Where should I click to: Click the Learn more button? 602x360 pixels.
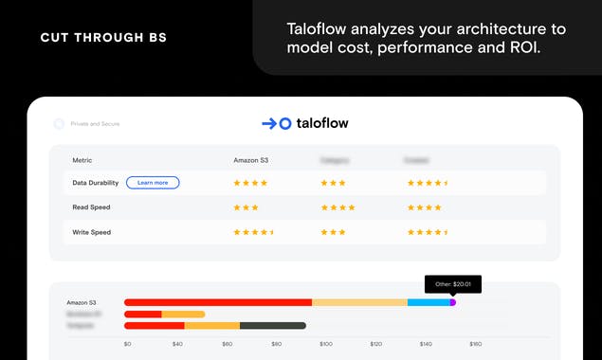(153, 183)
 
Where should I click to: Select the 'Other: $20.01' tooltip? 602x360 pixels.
(453, 283)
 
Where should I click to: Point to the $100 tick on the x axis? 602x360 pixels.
(326, 344)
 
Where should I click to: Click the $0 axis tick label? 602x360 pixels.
(128, 344)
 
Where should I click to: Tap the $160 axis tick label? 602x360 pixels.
(476, 344)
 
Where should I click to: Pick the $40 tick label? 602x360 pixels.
(177, 344)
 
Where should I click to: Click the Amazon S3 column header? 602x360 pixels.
(250, 160)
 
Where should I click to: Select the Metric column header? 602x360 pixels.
(82, 160)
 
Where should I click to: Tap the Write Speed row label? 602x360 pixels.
(91, 231)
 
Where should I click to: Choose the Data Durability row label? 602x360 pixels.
(93, 183)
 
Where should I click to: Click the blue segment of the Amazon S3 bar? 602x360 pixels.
(429, 302)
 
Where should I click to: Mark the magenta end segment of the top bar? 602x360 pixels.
(452, 302)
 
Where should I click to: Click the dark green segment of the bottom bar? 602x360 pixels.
(273, 326)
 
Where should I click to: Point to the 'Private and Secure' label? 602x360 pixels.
(95, 124)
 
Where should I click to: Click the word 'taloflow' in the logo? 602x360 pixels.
(323, 123)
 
